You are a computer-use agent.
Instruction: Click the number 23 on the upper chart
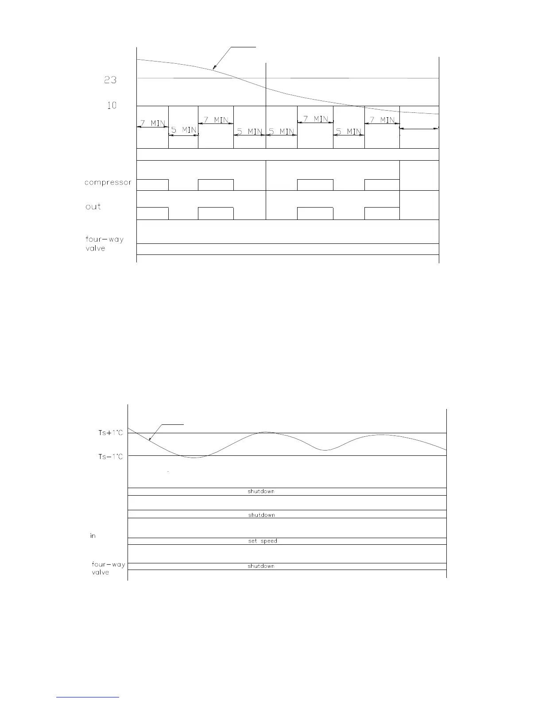point(110,80)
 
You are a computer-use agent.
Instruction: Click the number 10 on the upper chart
point(112,105)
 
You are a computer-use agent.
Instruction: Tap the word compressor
point(108,182)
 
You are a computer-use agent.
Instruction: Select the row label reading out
point(93,207)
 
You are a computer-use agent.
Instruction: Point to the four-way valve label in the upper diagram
point(104,244)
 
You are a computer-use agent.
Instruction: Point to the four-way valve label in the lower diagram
point(108,568)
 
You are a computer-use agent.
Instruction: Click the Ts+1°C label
point(110,433)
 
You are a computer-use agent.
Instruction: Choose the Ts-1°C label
point(110,457)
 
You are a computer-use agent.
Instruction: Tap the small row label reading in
point(93,536)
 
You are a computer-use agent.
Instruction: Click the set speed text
point(263,541)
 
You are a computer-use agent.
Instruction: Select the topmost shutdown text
point(261,491)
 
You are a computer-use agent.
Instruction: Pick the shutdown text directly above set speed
point(261,515)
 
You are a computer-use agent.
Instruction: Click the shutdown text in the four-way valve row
point(261,566)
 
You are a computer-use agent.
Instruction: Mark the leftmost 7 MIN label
point(152,123)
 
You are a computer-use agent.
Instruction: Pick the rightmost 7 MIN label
point(382,120)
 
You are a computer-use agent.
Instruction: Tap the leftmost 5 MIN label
point(183,130)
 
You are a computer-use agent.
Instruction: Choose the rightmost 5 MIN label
point(348,131)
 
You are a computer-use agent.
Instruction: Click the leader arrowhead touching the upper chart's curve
point(214,69)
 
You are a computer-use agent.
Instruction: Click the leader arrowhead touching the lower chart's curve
point(150,440)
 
